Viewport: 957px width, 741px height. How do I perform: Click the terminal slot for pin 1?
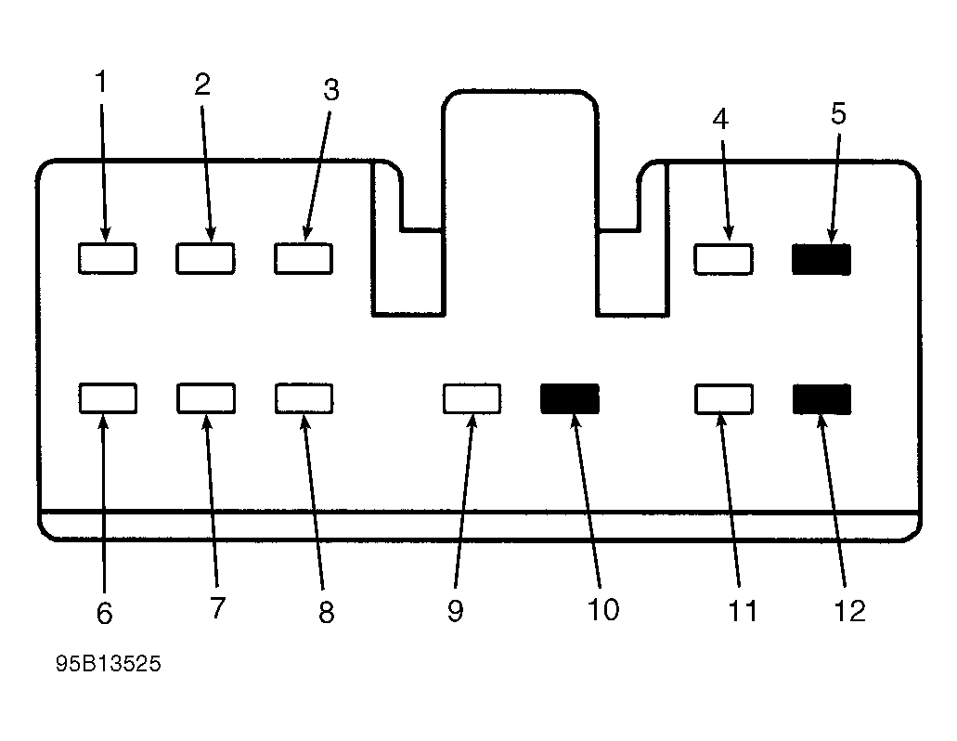108,258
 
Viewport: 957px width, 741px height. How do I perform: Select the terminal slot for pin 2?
205,258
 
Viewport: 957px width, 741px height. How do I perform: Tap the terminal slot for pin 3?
304,258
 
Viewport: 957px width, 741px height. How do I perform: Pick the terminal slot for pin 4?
723,259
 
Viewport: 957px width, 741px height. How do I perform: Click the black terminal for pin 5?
821,259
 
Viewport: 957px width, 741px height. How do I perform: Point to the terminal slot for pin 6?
108,398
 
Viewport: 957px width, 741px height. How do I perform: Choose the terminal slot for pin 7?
206,398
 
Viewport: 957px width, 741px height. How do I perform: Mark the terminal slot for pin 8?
304,398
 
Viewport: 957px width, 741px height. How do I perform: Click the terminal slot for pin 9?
472,398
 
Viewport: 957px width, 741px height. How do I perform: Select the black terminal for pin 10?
570,398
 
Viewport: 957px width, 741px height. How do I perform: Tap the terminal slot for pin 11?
724,398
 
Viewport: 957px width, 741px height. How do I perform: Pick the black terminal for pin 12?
821,399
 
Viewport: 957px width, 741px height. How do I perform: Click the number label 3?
330,90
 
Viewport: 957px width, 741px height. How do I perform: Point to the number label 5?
838,113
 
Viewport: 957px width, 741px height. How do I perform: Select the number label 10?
603,609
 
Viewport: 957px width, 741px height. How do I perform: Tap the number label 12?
849,611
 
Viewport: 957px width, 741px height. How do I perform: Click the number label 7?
218,607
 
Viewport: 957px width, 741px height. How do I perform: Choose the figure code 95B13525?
109,664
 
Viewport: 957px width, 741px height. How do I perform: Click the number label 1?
101,82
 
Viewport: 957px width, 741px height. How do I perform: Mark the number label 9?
456,610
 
